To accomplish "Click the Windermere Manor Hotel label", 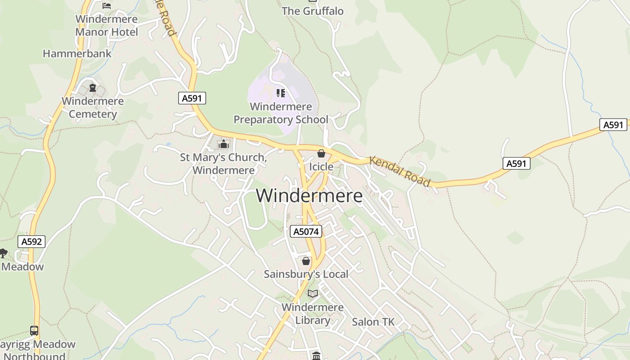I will point(107,26).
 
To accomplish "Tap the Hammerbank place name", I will point(77,54).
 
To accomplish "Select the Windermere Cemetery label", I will point(93,108).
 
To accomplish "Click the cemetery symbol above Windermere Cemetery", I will point(93,88).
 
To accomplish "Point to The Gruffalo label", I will point(313,11).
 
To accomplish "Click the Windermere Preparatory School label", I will point(281,113).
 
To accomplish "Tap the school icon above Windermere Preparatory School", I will point(281,93).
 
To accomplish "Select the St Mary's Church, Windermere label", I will point(224,164).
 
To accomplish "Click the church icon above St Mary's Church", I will point(224,144).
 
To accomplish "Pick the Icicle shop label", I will point(321,167).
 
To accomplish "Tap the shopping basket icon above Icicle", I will point(321,153).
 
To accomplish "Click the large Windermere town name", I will point(309,196).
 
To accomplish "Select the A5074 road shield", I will point(306,231).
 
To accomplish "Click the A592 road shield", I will point(32,242).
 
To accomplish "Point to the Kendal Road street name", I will point(400,171).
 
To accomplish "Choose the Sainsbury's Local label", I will point(306,274).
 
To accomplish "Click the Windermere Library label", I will point(313,314).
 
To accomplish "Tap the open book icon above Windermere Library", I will point(313,294).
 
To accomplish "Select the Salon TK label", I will point(373,322).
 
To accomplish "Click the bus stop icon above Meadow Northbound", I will point(34,331).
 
